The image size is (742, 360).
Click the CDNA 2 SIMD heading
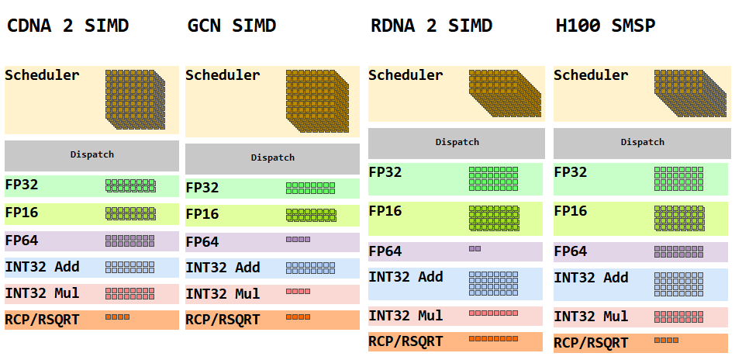pos(67,26)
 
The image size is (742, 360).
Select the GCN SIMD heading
pos(232,26)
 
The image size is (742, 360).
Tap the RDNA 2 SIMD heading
pos(430,26)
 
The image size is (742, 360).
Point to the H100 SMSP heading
pos(606,26)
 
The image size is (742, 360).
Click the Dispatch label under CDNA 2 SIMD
pos(91,154)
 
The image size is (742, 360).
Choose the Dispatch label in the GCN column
pos(272,157)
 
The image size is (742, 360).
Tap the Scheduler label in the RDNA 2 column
pos(405,75)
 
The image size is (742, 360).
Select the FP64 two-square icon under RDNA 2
pos(475,249)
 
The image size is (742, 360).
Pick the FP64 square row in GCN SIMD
pos(298,240)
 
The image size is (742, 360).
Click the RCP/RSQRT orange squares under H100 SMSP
pos(666,340)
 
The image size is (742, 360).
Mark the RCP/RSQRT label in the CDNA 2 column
pos(42,319)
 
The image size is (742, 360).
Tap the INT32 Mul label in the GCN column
pos(223,294)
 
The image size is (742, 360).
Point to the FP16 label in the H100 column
pos(571,211)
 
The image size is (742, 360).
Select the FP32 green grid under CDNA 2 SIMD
pos(130,185)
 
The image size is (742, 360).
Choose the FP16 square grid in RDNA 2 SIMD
pos(494,218)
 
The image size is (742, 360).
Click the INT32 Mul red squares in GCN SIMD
pos(298,292)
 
